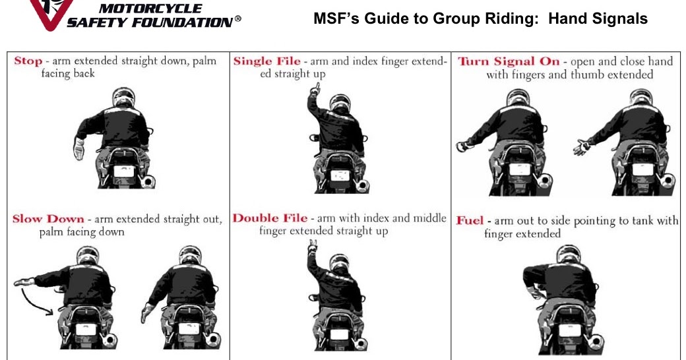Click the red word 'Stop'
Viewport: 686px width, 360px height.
(28, 61)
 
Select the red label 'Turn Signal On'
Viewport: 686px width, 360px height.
(508, 61)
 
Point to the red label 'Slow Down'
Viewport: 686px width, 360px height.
(48, 219)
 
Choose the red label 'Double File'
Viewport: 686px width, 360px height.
(270, 218)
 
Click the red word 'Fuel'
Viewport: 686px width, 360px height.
(470, 220)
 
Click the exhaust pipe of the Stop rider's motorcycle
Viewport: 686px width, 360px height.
(150, 179)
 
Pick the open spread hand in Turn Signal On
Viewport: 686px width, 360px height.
(582, 147)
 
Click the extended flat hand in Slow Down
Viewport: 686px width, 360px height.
(25, 282)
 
